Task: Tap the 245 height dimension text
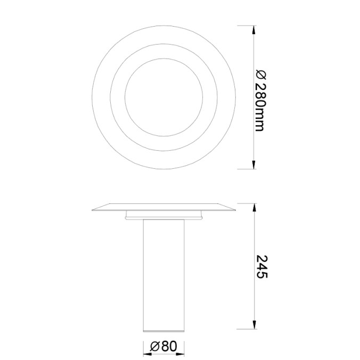click(261, 266)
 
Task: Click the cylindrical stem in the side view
click(163, 272)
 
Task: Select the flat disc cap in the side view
click(163, 207)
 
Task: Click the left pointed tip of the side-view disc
click(93, 209)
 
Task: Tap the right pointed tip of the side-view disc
click(234, 209)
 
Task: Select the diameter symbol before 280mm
click(259, 74)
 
